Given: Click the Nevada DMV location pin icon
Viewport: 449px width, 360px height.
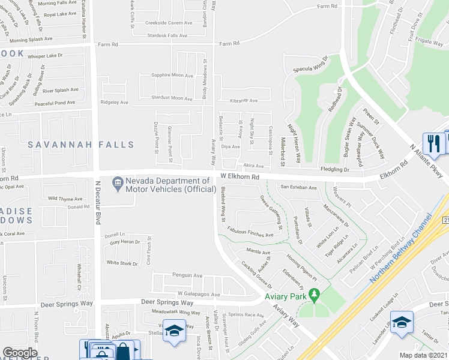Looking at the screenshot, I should tap(116, 181).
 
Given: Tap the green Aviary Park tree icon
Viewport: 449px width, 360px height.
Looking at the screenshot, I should tap(313, 295).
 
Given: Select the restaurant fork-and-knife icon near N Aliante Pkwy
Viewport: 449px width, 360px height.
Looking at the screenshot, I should tap(432, 143).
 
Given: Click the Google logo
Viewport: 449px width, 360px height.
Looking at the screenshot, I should tap(19, 353).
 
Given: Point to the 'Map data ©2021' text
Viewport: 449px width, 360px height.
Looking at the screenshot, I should tap(424, 355).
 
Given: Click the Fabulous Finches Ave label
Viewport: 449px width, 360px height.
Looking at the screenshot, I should tap(250, 232).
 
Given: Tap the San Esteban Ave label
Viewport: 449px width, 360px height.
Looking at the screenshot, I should tap(299, 187).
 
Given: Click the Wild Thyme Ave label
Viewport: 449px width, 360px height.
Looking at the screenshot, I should tap(65, 198).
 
